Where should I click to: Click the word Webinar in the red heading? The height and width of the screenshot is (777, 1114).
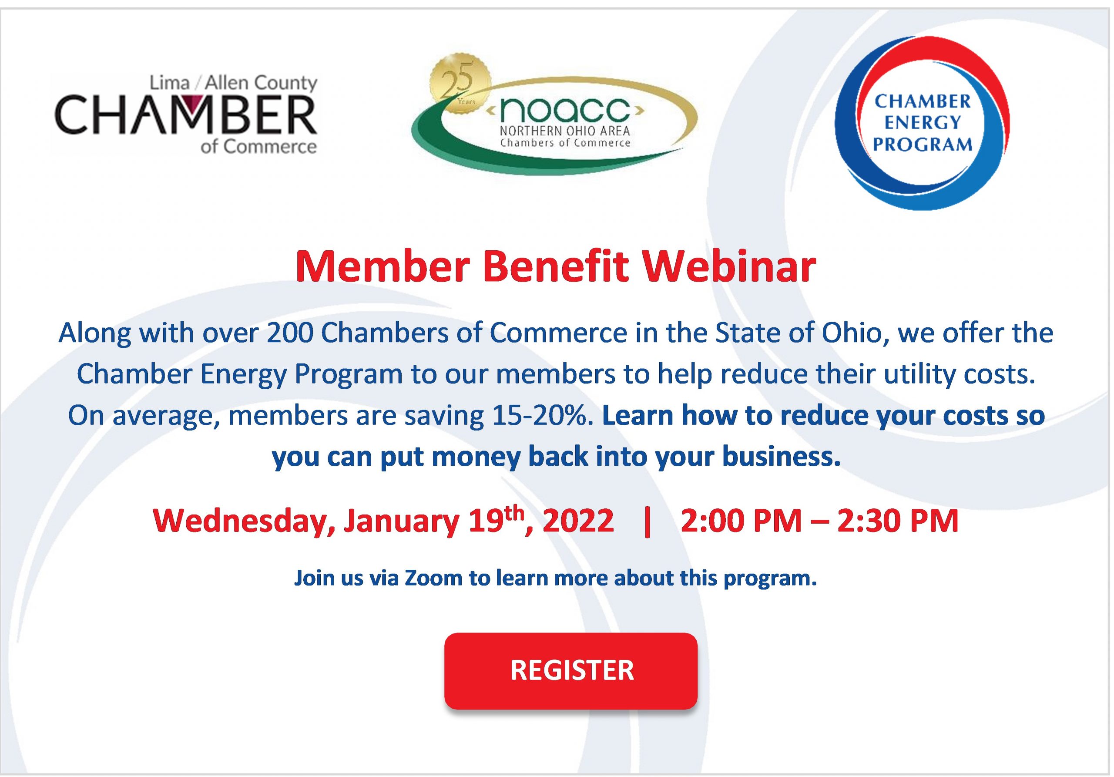click(730, 267)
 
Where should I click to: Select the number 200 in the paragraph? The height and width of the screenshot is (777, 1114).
click(290, 333)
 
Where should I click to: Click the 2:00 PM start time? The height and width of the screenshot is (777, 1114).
click(741, 521)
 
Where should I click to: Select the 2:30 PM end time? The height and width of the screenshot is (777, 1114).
click(898, 521)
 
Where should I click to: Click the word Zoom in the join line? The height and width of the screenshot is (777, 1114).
click(434, 578)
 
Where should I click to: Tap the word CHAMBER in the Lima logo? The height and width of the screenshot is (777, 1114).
click(186, 114)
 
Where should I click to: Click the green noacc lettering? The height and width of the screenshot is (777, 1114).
click(565, 111)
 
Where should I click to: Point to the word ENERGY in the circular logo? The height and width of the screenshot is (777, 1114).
click(923, 123)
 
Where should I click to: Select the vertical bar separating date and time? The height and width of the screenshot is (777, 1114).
click(647, 521)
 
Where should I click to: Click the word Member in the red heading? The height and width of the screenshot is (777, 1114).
click(383, 267)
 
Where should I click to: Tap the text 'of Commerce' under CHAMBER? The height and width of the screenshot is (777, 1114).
click(258, 147)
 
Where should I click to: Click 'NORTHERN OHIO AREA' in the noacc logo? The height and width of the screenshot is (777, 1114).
click(565, 131)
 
